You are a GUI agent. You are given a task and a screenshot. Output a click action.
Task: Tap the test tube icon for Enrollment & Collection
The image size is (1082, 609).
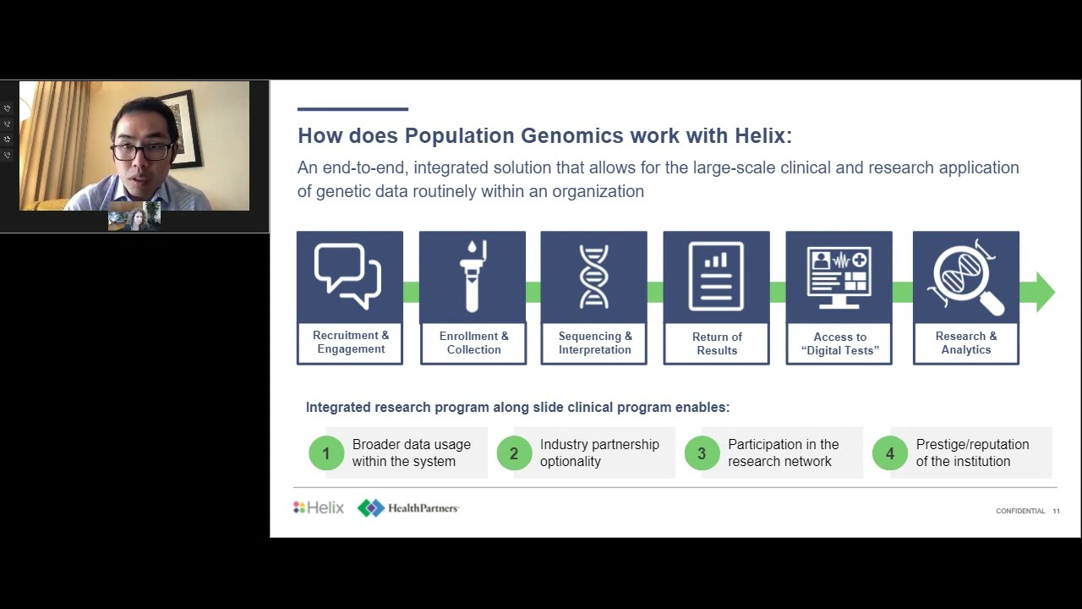point(473,276)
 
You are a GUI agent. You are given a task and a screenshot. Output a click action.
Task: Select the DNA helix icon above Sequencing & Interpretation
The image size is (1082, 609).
point(593,276)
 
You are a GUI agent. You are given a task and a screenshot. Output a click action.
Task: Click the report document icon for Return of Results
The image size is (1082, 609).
point(716,276)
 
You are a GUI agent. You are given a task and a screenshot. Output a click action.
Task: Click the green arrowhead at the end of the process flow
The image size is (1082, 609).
point(1044,292)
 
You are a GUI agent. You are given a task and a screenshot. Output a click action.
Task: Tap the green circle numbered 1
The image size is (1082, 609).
point(326,453)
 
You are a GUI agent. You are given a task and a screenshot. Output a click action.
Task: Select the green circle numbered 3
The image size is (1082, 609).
point(702,453)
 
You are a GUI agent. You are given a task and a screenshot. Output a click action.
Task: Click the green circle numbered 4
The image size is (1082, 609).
point(889,453)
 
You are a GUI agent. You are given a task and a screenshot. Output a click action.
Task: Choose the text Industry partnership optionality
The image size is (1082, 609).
point(598,453)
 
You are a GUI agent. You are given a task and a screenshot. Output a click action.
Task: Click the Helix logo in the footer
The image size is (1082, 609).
point(319,507)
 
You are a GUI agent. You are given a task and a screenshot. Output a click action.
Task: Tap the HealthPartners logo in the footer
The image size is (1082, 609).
point(408,507)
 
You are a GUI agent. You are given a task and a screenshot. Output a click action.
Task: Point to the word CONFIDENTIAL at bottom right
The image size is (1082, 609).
point(1020,511)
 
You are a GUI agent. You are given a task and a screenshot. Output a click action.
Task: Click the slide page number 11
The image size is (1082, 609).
point(1056,511)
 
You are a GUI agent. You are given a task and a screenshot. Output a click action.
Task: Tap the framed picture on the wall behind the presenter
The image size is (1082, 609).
point(185,127)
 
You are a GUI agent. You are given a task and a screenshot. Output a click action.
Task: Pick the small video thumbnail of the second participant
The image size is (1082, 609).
point(134,217)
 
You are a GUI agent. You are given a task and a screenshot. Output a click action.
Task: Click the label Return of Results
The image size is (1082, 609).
point(716,343)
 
